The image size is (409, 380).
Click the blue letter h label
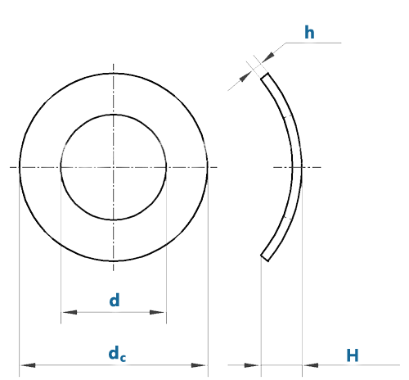pyautogui.click(x=309, y=33)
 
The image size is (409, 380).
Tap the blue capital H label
pyautogui.click(x=353, y=355)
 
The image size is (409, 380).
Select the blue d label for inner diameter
pyautogui.click(x=115, y=300)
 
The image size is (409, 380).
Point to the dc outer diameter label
pyautogui.click(x=117, y=354)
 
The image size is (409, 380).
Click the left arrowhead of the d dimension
pyautogui.click(x=70, y=312)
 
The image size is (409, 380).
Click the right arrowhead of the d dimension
pyautogui.click(x=157, y=312)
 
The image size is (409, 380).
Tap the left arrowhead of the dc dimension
pyautogui.click(x=28, y=365)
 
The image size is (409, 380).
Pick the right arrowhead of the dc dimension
pyautogui.click(x=199, y=365)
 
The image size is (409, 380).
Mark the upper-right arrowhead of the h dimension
pyautogui.click(x=268, y=57)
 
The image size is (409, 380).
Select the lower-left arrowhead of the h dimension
pyautogui.click(x=245, y=76)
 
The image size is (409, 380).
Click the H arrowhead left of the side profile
pyautogui.click(x=251, y=365)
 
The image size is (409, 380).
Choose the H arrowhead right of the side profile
pyautogui.click(x=311, y=365)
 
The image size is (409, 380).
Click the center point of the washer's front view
pyautogui.click(x=114, y=167)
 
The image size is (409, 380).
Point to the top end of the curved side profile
pyautogui.click(x=265, y=75)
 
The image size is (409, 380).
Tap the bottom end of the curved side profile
pyautogui.click(x=265, y=257)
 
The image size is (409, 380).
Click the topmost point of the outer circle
pyautogui.click(x=114, y=73)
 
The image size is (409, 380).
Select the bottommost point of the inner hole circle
pyautogui.click(x=114, y=219)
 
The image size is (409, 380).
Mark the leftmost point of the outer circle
pyautogui.click(x=20, y=167)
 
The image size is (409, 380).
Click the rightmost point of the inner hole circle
pyautogui.click(x=166, y=167)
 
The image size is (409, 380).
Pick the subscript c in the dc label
pyautogui.click(x=123, y=358)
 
